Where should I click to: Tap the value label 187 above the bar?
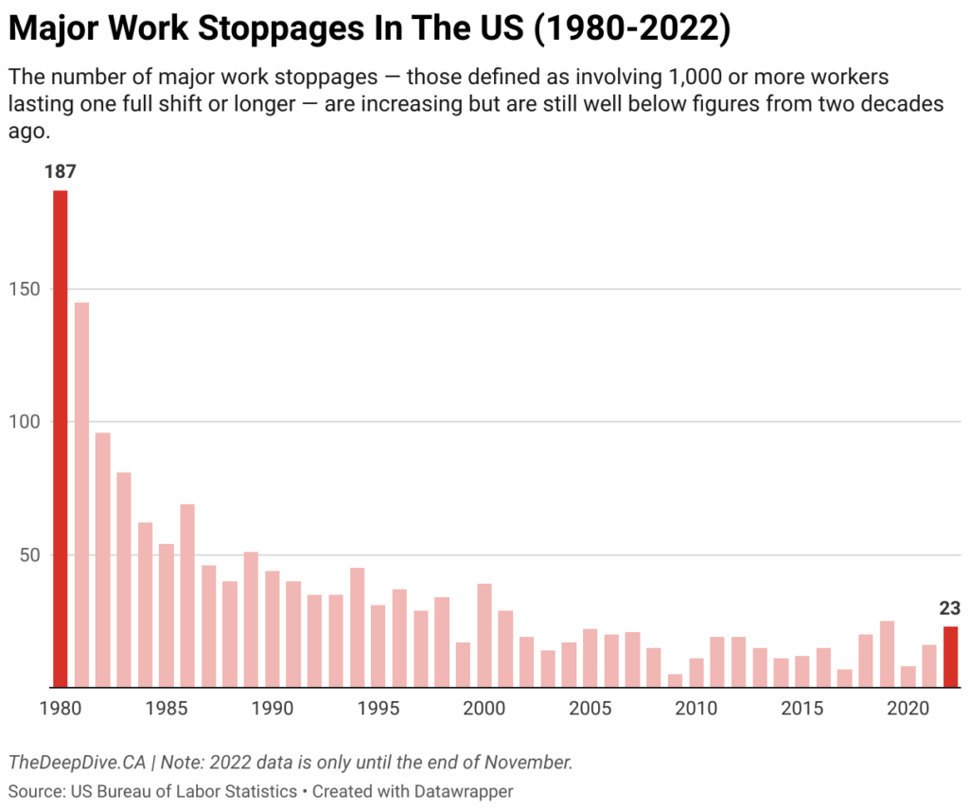click(60, 172)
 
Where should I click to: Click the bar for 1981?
click(81, 494)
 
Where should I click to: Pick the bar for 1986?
click(187, 595)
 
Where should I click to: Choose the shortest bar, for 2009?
click(675, 680)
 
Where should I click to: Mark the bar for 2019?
click(887, 654)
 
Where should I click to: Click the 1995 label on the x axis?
click(379, 708)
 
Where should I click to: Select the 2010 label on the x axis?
click(696, 708)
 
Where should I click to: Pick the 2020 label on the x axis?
click(908, 708)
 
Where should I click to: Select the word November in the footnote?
click(537, 762)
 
